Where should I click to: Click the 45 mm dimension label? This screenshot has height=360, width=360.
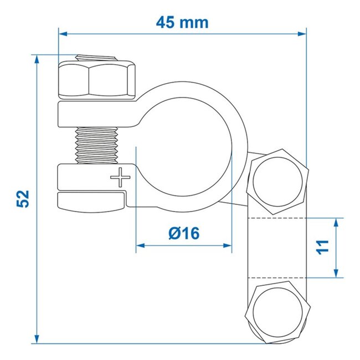(182, 23)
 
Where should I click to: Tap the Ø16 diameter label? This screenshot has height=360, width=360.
(183, 234)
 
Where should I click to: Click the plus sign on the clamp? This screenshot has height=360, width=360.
(119, 178)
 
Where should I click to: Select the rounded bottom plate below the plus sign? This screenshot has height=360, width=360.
(91, 200)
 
